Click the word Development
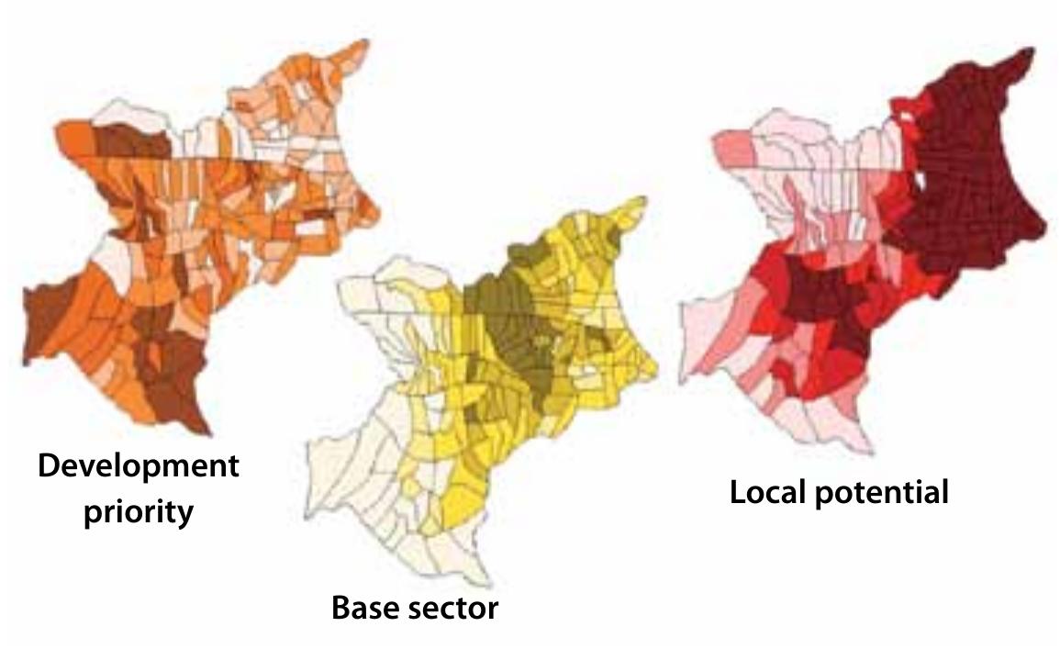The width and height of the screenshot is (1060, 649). click(139, 466)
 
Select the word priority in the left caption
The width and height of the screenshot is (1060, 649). click(139, 510)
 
